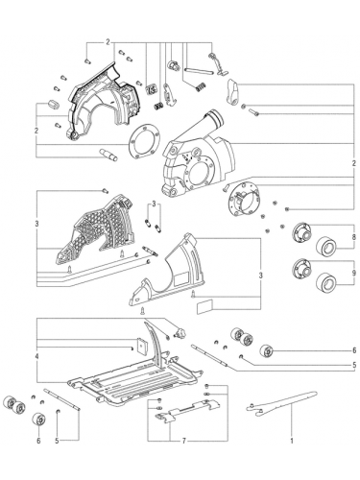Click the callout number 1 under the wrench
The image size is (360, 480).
[x=292, y=441]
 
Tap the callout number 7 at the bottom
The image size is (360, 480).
[x=184, y=441]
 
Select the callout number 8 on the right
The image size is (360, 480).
[x=354, y=237]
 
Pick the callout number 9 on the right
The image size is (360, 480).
[x=354, y=273]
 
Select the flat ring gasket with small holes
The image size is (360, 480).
[x=143, y=142]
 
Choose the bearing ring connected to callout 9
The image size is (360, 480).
[x=326, y=282]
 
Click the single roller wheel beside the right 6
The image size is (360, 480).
[x=268, y=351]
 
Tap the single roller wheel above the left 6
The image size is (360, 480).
[x=39, y=420]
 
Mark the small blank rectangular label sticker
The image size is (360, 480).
[x=204, y=306]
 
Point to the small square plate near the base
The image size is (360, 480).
[x=141, y=346]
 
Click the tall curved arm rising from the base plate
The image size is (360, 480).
[x=156, y=344]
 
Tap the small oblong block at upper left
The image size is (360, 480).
[x=53, y=105]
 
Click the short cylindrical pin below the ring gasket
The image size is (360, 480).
[x=108, y=155]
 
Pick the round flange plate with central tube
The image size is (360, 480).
[x=245, y=200]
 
